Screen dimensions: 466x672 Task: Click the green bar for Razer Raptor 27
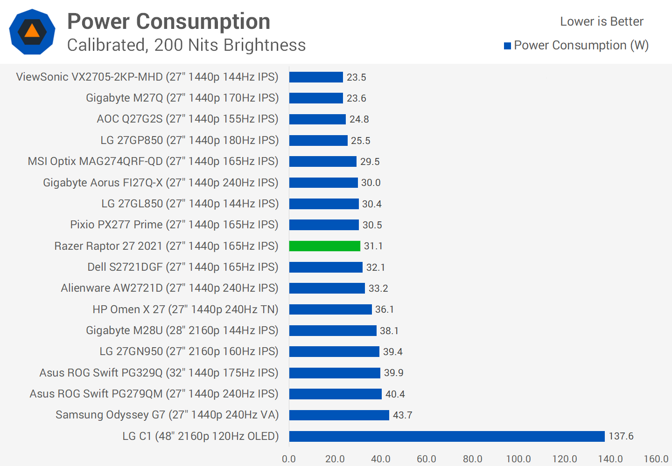324,246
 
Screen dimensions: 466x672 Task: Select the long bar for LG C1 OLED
447,436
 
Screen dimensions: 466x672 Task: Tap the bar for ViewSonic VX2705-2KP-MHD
316,77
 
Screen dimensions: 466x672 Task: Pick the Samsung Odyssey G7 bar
339,415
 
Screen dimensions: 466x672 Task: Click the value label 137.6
621,436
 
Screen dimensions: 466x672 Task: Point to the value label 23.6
356,98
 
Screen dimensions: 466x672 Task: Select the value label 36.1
385,309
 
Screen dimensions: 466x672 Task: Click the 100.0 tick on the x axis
518,459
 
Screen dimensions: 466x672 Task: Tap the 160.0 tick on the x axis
656,459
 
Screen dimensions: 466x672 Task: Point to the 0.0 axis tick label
289,459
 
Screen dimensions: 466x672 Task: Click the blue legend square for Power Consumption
507,46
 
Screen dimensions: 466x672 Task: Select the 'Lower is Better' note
602,21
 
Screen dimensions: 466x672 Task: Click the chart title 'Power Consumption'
168,21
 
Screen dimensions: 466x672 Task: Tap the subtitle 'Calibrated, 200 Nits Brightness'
186,45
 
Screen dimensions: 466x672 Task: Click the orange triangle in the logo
32,31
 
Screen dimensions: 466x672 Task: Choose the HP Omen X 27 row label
185,309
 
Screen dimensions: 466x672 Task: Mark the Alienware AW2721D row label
169,288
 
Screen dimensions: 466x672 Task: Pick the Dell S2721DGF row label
183,267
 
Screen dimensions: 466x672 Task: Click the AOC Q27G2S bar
317,119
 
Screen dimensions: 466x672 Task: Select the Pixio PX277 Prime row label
174,225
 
